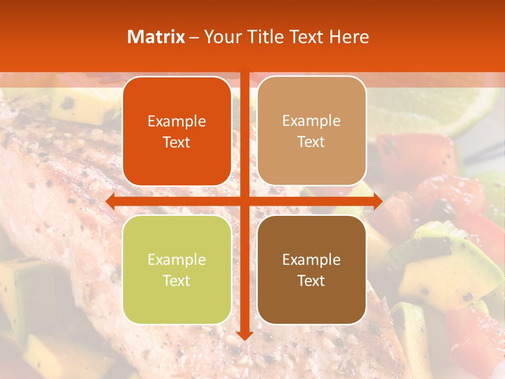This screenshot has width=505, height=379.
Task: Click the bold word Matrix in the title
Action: (x=156, y=37)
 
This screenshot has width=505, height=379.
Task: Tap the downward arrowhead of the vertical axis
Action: (x=244, y=335)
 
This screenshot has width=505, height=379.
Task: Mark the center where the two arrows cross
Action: (x=244, y=201)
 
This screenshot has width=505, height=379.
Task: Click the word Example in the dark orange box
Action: (x=177, y=122)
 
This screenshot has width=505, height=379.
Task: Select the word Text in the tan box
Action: (x=311, y=142)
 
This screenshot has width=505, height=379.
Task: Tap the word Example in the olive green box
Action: (x=177, y=260)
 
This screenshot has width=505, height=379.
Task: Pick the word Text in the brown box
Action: (x=311, y=281)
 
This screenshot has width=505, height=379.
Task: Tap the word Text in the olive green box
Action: (x=177, y=281)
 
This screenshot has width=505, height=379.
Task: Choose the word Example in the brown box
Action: (x=311, y=260)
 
